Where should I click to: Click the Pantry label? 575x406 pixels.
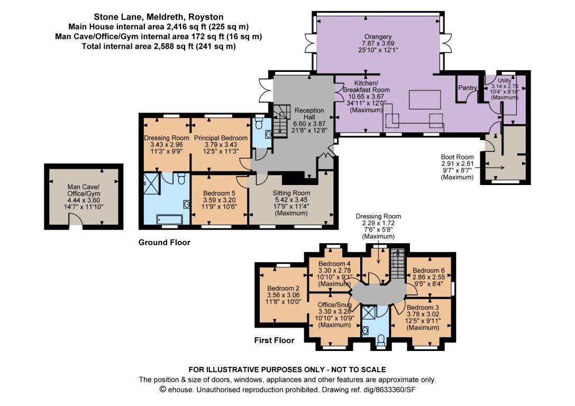coord(468,88)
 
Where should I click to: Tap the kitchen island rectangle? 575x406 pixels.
coord(425,100)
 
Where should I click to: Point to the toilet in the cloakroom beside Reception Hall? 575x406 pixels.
coord(259,123)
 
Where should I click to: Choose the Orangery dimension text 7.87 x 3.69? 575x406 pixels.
coord(378,43)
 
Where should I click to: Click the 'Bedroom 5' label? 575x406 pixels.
coord(218,193)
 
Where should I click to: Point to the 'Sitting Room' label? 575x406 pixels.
coord(291,193)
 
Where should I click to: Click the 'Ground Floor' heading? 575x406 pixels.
coord(164,243)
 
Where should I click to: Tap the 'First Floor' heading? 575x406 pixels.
coord(274,340)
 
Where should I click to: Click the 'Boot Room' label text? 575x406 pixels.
coord(457,157)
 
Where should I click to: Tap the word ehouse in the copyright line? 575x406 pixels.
coord(182,390)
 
